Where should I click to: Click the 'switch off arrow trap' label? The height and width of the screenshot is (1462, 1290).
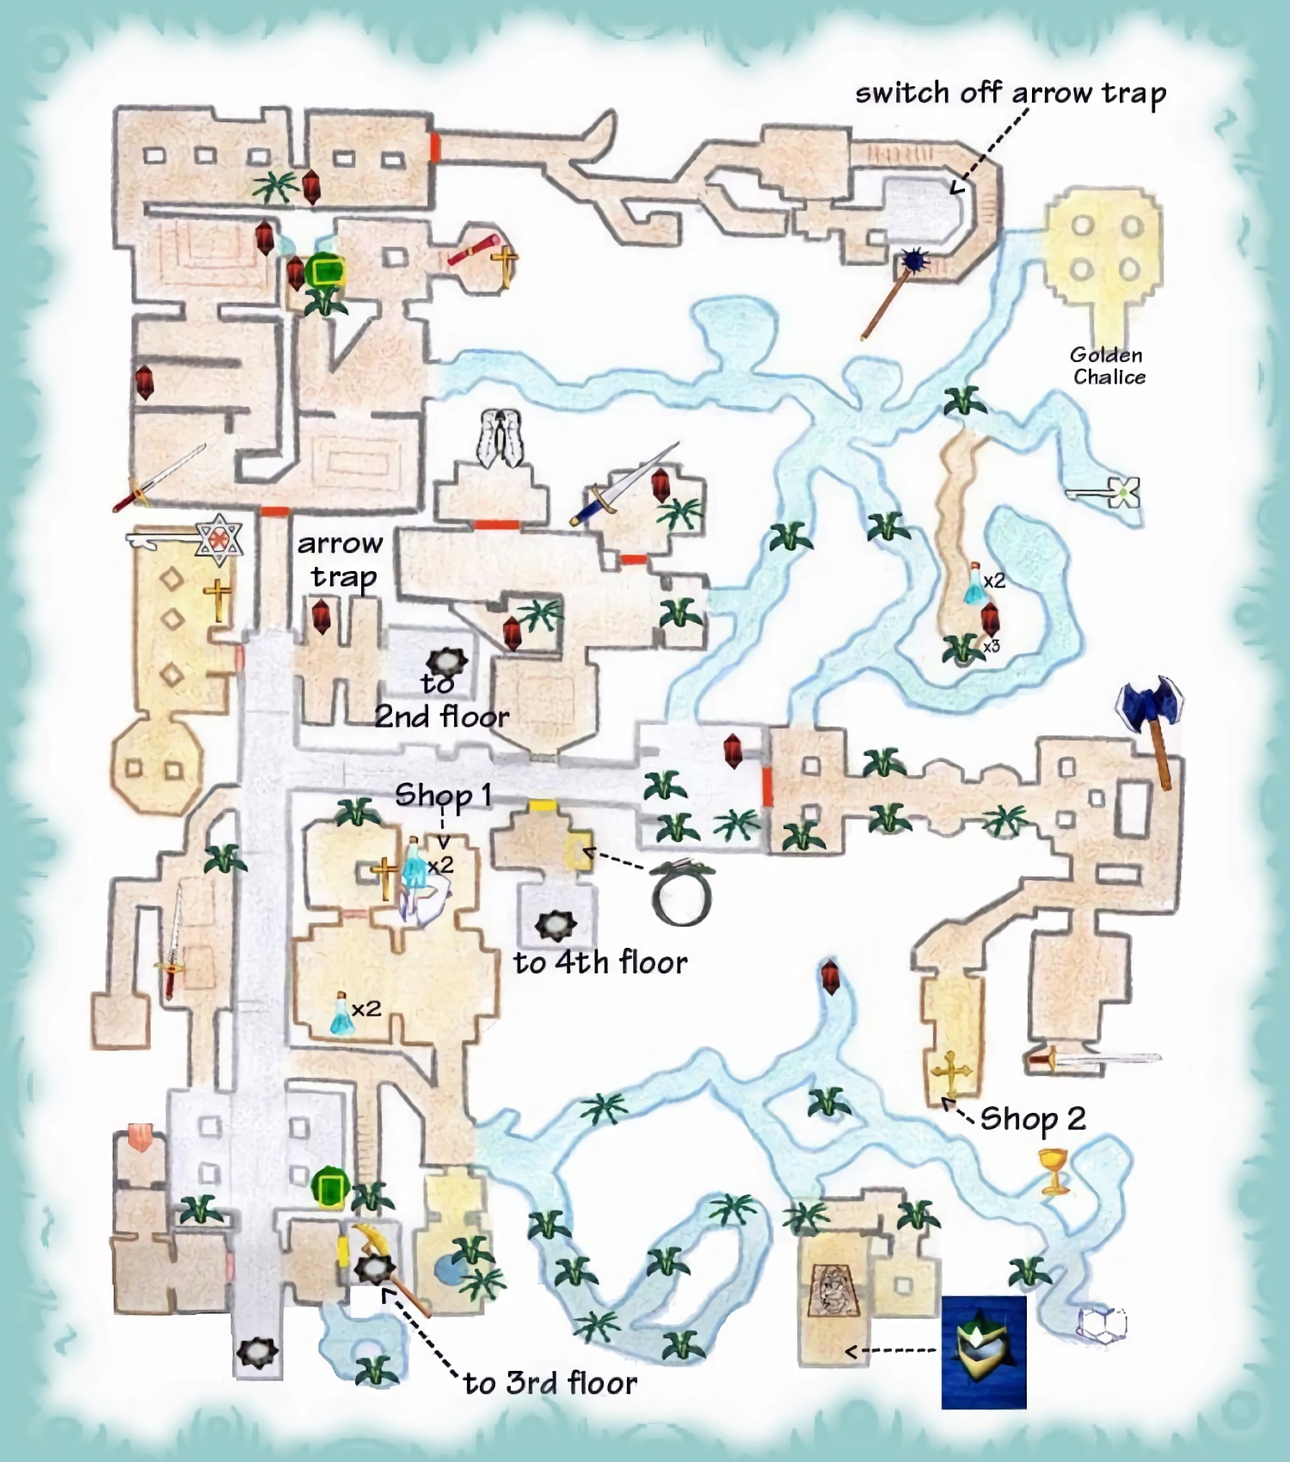coord(1010,93)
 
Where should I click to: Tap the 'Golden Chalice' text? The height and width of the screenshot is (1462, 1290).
coord(1109,365)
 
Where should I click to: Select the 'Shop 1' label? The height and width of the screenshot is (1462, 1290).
coord(443,795)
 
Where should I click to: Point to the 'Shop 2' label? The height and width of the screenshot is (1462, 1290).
coord(1033,1119)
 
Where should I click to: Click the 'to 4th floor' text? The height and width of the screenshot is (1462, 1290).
coord(600,962)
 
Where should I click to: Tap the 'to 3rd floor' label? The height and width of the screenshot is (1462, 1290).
coord(550,1383)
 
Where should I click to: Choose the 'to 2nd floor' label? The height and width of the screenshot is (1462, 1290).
coord(441,701)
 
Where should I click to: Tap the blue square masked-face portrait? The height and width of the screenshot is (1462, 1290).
coord(984,1352)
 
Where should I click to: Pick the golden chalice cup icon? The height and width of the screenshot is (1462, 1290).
coord(1054,1171)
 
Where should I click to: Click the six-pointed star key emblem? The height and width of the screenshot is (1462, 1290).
coord(218,540)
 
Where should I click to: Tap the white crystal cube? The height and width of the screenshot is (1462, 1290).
coord(1102,1324)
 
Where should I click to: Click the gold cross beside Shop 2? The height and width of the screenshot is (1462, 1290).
coord(950,1074)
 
